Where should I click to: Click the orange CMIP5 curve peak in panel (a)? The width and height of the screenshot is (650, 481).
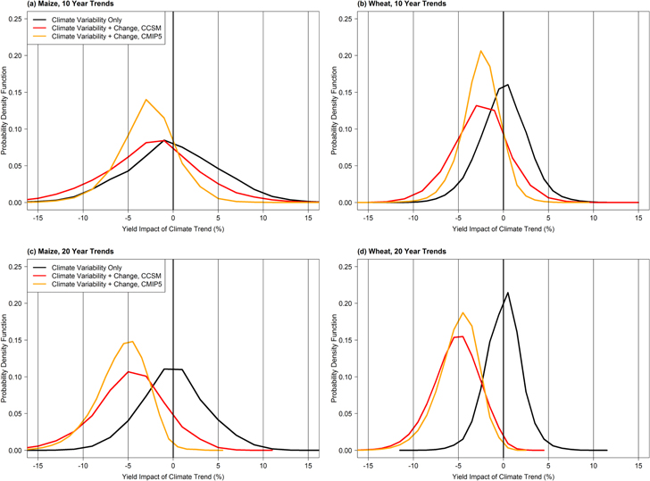click(x=146, y=99)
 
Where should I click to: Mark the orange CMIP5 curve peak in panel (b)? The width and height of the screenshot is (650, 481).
click(x=480, y=51)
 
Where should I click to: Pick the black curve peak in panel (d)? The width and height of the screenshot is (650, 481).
click(x=508, y=293)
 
